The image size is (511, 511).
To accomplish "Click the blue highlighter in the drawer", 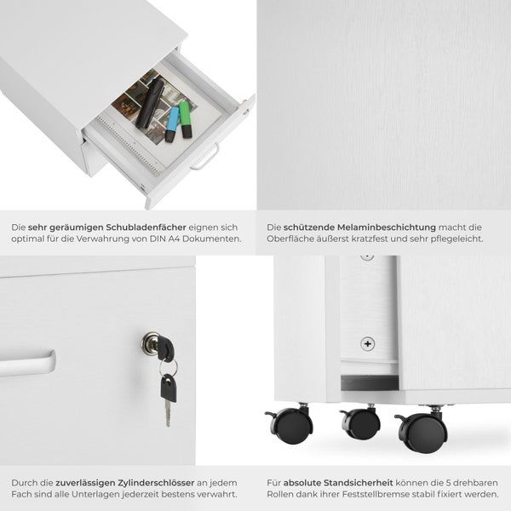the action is point(172,124).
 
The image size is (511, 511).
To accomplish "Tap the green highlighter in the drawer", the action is point(186,119).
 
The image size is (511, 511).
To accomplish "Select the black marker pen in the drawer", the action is point(150,103).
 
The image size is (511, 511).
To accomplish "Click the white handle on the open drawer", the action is point(204,158).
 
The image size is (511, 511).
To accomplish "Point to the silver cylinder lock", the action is point(151,343).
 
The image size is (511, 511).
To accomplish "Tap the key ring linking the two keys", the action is point(169,367).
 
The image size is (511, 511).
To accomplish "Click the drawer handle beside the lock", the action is point(27,363).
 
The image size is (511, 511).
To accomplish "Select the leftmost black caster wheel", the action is point(290,425).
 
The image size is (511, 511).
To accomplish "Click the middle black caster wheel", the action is point(361,423).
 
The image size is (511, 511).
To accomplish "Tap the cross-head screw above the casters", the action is point(368,344).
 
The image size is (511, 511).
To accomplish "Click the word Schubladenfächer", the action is point(146,227).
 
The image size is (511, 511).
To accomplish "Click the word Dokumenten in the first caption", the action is point(211,238).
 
